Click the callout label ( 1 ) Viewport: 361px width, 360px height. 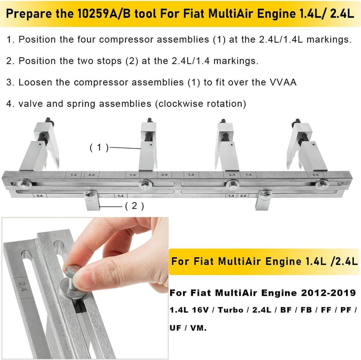(x=99, y=147)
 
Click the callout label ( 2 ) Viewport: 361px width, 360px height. (x=134, y=206)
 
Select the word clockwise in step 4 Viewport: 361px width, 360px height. (x=180, y=103)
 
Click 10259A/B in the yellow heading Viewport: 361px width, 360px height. (x=104, y=13)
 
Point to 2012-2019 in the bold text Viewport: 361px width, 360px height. (x=329, y=293)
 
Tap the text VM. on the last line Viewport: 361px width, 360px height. (x=198, y=328)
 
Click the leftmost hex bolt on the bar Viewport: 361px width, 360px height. (x=23, y=184)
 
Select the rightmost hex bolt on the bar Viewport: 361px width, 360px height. (x=322, y=185)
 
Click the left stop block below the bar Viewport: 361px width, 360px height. (x=92, y=200)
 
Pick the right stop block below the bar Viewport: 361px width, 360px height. (x=263, y=200)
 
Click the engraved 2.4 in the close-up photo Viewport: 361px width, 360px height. (x=23, y=286)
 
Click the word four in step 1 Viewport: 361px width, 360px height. (x=86, y=40)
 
